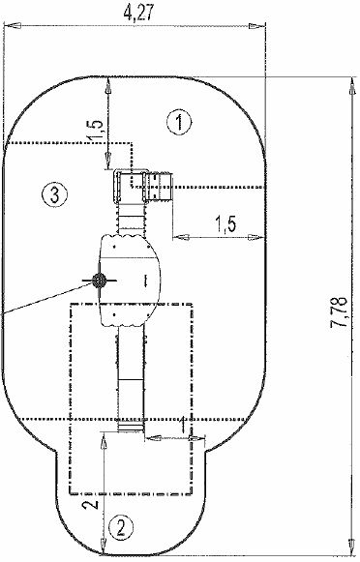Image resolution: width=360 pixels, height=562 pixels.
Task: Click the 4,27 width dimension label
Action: coord(138,13)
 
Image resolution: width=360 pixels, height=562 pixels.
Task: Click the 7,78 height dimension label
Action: coord(339,311)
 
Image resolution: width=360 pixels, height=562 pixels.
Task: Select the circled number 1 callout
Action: coord(179,122)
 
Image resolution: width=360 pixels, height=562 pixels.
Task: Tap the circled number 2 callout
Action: coord(120,527)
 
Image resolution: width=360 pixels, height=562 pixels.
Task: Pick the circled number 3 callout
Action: coord(54,195)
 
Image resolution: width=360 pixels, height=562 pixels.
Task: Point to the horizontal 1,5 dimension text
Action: coord(225,225)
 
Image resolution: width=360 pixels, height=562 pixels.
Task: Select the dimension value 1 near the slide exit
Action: coord(183,425)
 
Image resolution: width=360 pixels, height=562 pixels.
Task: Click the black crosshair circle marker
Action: coord(99,281)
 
